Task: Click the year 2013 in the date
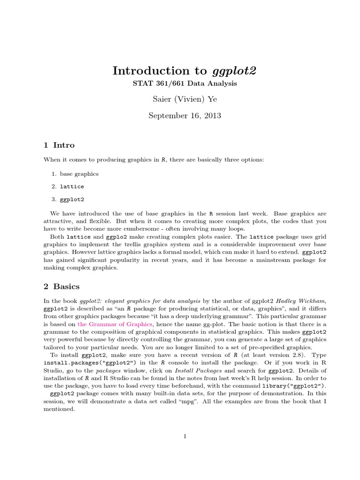[x=211, y=115]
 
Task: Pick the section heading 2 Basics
[x=61, y=286]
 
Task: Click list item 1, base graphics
[x=75, y=173]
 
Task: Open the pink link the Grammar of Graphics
[x=115, y=324]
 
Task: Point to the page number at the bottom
[x=185, y=436]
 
